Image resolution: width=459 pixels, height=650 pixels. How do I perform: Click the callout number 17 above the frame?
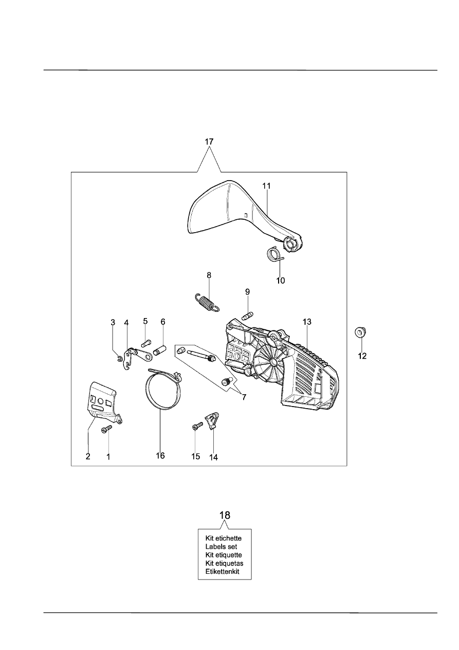click(209, 142)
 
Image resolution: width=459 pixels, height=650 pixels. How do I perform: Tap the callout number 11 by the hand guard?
click(267, 186)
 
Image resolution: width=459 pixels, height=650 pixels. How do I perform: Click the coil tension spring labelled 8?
click(207, 303)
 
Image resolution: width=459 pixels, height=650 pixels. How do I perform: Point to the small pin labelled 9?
click(248, 315)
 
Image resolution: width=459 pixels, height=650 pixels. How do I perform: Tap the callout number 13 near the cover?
click(307, 322)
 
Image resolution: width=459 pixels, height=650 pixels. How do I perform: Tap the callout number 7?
click(244, 397)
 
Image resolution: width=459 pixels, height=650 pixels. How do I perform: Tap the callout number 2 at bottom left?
click(88, 456)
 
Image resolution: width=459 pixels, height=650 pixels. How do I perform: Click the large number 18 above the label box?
click(225, 515)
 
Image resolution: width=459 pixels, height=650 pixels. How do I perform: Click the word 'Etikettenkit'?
click(222, 572)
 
